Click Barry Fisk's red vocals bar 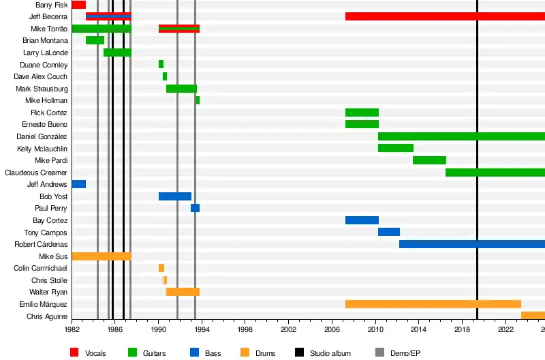[x=78, y=5]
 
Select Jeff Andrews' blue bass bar [x=78, y=184]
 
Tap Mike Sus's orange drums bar [x=101, y=256]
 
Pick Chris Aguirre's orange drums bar [x=533, y=316]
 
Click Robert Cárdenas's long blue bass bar [x=471, y=244]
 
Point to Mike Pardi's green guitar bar [x=429, y=160]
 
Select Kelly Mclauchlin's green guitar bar [x=395, y=148]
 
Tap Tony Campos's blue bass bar [x=388, y=232]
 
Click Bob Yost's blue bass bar [x=174, y=196]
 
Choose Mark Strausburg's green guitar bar [x=181, y=89]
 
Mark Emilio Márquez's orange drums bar [x=433, y=304]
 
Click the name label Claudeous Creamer [x=36, y=172]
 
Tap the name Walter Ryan [x=48, y=292]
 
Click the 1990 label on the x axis [x=159, y=328]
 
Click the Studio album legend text [x=330, y=353]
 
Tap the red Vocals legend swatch [x=76, y=352]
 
